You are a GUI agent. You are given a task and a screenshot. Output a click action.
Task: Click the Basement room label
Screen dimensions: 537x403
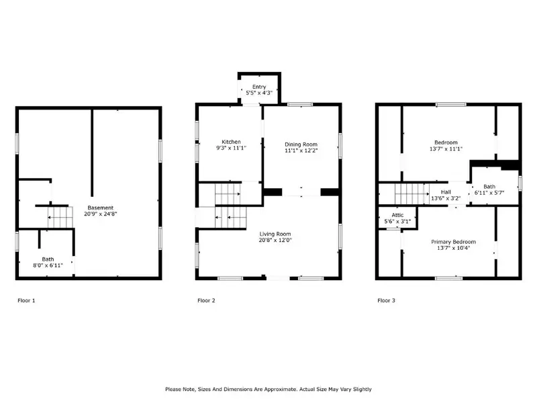click(100, 208)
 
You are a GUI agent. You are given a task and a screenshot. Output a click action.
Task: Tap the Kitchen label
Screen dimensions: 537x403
click(231, 142)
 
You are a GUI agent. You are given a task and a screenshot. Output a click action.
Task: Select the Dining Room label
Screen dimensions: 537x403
click(301, 144)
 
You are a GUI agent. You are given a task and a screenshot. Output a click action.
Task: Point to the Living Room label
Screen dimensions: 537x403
click(275, 234)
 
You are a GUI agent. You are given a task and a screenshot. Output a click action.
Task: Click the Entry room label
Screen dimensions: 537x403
click(259, 87)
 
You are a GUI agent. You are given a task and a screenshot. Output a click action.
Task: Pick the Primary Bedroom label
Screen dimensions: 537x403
click(454, 242)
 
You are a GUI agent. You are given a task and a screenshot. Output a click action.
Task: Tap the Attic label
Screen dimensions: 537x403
click(397, 215)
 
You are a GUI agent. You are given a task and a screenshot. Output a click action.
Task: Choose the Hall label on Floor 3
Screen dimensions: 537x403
click(446, 192)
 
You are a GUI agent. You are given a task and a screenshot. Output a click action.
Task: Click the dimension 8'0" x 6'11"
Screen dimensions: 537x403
click(48, 265)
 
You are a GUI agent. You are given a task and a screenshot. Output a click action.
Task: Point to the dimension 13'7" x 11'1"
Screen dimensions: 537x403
click(446, 148)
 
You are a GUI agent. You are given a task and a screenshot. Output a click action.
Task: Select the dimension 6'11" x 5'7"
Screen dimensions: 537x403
click(489, 193)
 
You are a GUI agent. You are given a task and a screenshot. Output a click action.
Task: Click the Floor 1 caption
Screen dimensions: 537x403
click(26, 300)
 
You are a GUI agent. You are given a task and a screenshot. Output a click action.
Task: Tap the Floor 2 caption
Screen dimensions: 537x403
click(206, 300)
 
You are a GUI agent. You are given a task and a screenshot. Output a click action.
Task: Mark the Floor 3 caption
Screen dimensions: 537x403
click(387, 300)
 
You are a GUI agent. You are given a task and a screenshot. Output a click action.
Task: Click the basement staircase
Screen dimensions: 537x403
click(60, 217)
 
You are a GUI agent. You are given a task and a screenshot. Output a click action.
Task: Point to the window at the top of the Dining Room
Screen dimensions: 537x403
click(300, 105)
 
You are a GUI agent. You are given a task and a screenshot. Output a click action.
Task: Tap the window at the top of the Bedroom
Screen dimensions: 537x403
click(450, 105)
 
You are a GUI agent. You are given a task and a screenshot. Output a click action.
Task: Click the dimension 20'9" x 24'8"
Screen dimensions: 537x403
click(100, 214)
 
